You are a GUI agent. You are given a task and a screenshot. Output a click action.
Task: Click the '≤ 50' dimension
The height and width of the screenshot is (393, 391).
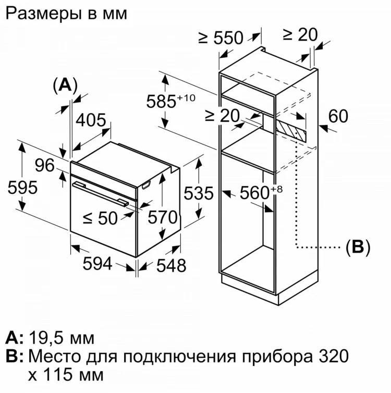(101, 218)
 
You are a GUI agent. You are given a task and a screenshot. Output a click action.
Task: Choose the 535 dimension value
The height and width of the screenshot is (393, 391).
(199, 193)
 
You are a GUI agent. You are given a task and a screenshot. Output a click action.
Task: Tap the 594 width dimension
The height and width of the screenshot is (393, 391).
(97, 264)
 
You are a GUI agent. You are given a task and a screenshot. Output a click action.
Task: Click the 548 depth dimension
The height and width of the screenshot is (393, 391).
(171, 265)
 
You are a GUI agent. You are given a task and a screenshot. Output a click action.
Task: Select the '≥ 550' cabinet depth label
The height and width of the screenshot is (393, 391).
(221, 38)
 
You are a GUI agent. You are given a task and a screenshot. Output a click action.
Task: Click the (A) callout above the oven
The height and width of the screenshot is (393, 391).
(65, 84)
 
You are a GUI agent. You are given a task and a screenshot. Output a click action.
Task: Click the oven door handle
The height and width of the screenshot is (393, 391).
(101, 193)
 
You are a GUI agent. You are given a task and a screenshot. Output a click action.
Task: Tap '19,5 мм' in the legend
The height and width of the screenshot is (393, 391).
(60, 338)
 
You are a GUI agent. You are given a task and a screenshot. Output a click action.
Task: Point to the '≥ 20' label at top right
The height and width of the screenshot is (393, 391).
(300, 34)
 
